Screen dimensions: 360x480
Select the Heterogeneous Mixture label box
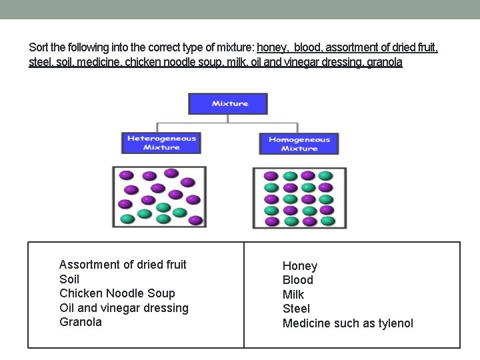161,143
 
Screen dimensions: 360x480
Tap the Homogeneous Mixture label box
299,144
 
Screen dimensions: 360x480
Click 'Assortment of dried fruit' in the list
123,265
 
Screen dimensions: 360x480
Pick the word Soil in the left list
69,279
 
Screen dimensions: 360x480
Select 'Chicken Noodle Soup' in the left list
117,293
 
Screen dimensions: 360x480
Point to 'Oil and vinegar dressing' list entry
124,308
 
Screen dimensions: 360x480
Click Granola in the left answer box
81,322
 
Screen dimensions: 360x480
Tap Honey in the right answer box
300,266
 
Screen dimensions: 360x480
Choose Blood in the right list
298,280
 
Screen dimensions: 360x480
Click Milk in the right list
293,295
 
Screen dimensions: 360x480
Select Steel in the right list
297,309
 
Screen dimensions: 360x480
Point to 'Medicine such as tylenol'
348,323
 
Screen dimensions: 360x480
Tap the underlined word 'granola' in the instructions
385,63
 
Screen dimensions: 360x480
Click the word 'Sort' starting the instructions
39,48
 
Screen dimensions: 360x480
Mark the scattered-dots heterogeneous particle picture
159,197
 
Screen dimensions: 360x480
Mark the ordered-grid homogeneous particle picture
299,198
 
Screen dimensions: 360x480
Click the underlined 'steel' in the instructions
40,63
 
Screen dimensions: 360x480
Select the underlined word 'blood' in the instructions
317,48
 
